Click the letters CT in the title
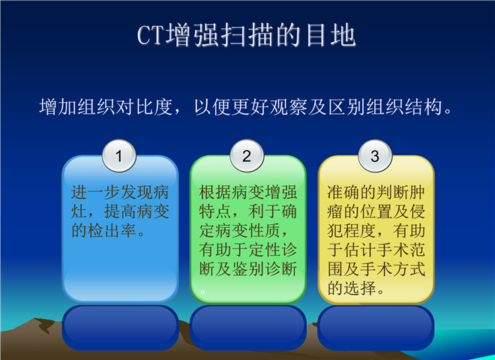tap(151, 34)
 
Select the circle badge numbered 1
tap(119, 156)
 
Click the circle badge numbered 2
tap(247, 156)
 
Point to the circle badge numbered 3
tap(375, 156)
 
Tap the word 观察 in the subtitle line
tap(288, 106)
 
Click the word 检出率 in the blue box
tap(103, 230)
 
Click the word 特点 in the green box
tap(215, 211)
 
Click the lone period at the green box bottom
tap(202, 292)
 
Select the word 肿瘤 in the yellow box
tap(376, 202)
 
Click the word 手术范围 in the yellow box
tap(376, 259)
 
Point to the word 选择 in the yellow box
tap(360, 288)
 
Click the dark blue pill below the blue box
tap(120, 327)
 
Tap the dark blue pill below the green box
tap(248, 327)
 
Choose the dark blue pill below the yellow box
tap(376, 327)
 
